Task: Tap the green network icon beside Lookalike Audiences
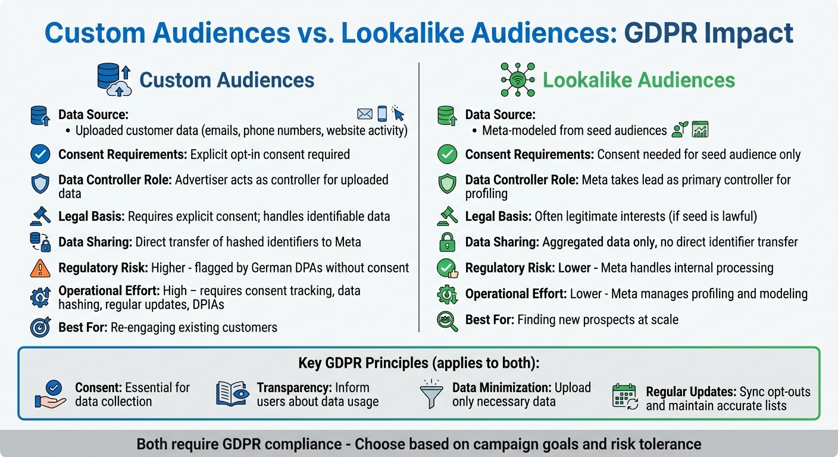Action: pyautogui.click(x=517, y=80)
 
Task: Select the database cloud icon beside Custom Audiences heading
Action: pyautogui.click(x=114, y=80)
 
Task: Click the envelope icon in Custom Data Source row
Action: pyautogui.click(x=365, y=114)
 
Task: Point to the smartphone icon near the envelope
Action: pyautogui.click(x=382, y=113)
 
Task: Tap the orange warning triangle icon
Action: pyautogui.click(x=40, y=268)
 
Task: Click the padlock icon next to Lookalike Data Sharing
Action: pyautogui.click(x=447, y=242)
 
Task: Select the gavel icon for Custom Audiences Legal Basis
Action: pyautogui.click(x=40, y=215)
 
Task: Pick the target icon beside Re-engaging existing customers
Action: pyautogui.click(x=40, y=327)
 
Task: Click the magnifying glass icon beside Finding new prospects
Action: pyautogui.click(x=447, y=320)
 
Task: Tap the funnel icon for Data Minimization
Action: pyautogui.click(x=431, y=395)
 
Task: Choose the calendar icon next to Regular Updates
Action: pyautogui.click(x=625, y=396)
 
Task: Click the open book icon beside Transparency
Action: pyautogui.click(x=232, y=395)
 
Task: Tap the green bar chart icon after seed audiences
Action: pyautogui.click(x=700, y=130)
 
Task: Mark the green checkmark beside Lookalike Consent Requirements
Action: pyautogui.click(x=447, y=155)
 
